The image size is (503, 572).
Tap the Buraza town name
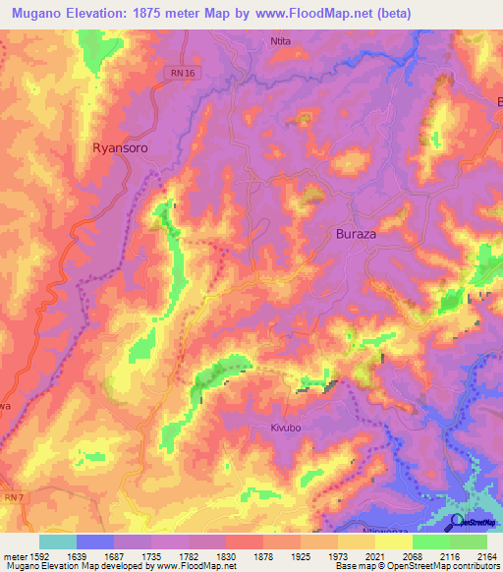[x=356, y=235]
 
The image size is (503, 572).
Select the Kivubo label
[x=290, y=429]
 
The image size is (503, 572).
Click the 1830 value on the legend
[x=223, y=556]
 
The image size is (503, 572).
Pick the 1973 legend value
[x=336, y=556]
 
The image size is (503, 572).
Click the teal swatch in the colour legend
[x=57, y=542]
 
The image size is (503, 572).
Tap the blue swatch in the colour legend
[x=95, y=542]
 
